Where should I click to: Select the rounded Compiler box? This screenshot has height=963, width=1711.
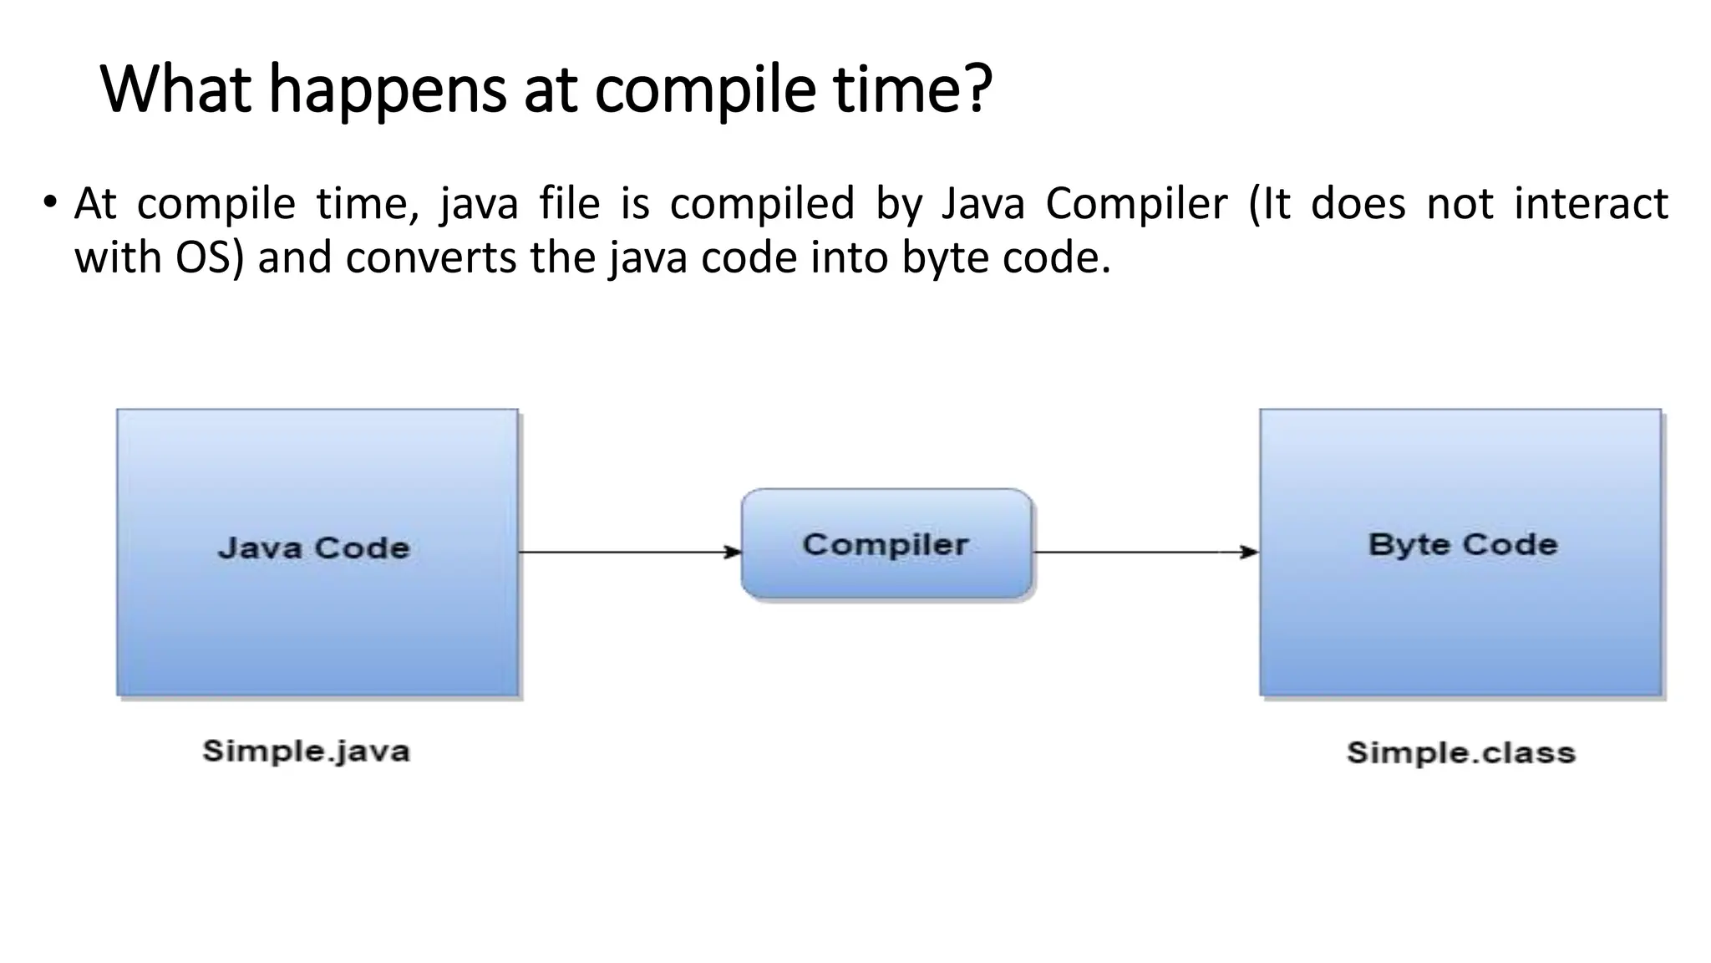pos(886,544)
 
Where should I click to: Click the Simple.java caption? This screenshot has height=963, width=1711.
pos(306,751)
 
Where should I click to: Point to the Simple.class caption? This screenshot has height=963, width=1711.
pos(1460,752)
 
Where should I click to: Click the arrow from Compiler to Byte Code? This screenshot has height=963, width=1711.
pos(1145,552)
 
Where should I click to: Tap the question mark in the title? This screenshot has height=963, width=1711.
pos(976,89)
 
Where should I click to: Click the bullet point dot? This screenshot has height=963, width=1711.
pos(51,203)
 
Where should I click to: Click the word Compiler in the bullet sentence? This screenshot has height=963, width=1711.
pos(1136,205)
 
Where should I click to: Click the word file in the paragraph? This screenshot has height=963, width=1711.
pos(569,203)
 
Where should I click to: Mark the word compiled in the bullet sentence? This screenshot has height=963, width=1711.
pos(762,205)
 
